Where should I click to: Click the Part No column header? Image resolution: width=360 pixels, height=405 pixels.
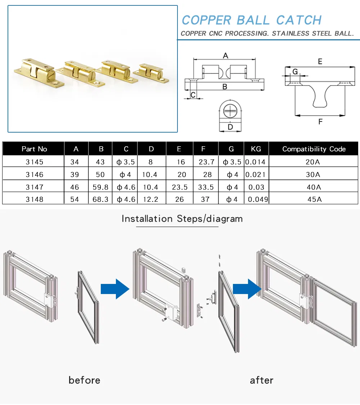[34, 149]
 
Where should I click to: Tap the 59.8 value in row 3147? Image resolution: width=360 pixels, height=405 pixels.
[100, 187]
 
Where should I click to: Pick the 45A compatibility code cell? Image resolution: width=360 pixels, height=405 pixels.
[314, 199]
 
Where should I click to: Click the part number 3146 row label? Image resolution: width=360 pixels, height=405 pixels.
[34, 175]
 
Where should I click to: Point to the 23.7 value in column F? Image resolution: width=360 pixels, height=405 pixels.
[206, 162]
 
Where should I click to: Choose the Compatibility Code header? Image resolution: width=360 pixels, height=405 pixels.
[314, 149]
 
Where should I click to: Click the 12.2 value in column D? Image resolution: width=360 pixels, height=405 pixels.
[151, 199]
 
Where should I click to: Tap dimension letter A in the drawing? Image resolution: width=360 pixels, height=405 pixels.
[226, 55]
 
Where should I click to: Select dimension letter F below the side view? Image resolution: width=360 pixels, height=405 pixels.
[320, 122]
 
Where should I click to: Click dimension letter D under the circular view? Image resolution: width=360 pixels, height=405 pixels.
[230, 127]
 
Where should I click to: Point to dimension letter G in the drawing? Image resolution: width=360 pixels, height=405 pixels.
[295, 71]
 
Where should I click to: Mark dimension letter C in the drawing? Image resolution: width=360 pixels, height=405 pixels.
[193, 95]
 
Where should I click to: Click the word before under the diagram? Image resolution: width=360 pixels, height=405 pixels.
[84, 380]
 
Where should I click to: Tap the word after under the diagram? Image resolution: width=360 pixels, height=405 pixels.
[262, 380]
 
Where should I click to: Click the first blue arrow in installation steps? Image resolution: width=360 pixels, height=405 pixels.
[115, 288]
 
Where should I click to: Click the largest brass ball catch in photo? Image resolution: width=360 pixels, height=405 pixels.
[39, 74]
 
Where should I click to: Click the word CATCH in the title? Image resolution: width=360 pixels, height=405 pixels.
[299, 20]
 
